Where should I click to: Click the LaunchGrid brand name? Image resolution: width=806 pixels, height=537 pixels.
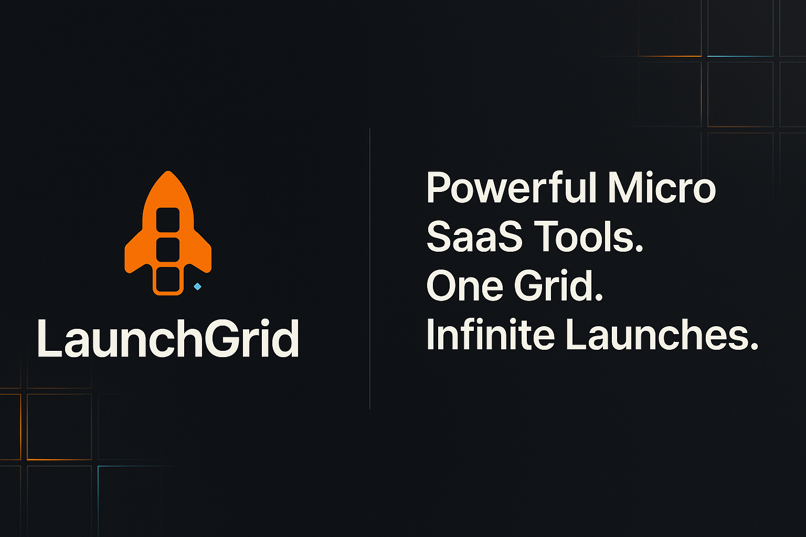click(x=168, y=338)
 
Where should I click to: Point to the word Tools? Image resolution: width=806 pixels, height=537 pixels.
click(x=582, y=237)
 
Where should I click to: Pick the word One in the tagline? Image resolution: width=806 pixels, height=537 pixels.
click(x=465, y=286)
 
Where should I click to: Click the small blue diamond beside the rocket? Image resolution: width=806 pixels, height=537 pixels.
click(x=197, y=286)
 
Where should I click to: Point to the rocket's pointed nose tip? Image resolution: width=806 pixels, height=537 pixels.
click(x=168, y=173)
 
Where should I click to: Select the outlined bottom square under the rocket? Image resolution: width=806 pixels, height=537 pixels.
click(x=168, y=280)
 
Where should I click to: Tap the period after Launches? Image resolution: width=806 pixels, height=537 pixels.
click(x=754, y=347)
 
